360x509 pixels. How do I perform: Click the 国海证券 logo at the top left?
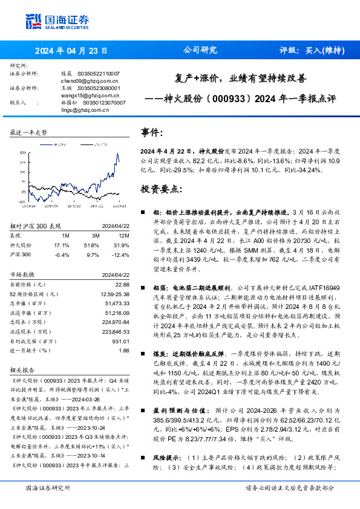[57, 21]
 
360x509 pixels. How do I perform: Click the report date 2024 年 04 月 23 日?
[71, 51]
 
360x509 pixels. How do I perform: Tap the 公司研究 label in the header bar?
[199, 51]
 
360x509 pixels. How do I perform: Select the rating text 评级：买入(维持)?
[312, 51]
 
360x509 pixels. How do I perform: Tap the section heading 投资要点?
[160, 189]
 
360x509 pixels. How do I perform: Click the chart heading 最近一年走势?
[29, 132]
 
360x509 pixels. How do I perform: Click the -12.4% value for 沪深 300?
[121, 255]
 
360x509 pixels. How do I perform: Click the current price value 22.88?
[122, 284]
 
